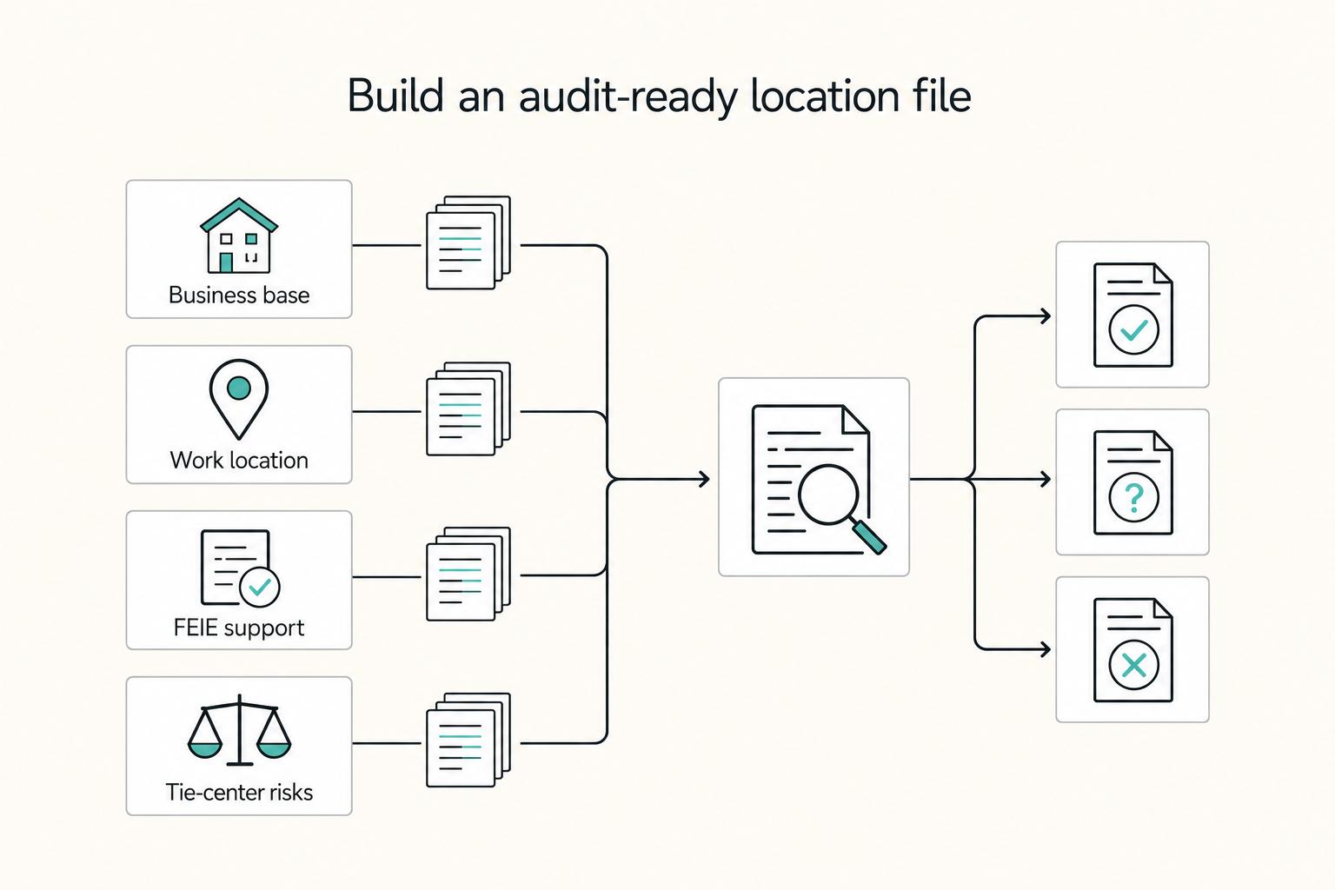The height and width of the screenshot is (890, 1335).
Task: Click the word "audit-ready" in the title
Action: point(628,96)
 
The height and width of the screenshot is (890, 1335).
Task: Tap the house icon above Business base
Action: point(239,236)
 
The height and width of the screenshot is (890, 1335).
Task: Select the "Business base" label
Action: point(239,296)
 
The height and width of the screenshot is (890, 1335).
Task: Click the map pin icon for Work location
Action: point(239,399)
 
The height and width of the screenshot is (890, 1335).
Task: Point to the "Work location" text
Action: point(239,460)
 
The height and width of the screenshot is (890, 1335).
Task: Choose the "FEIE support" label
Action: point(239,628)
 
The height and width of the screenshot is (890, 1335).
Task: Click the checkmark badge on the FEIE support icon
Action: point(260,588)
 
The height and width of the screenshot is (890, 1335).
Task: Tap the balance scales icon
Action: point(239,730)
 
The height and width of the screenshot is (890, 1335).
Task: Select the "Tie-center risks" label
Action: point(239,793)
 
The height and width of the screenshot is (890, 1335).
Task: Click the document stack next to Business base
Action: point(468,242)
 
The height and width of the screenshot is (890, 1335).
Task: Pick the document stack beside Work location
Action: point(468,409)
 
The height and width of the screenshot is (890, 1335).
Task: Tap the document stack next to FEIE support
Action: point(468,574)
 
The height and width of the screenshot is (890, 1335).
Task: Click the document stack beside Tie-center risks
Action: point(468,740)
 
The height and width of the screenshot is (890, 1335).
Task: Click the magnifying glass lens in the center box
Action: point(827,495)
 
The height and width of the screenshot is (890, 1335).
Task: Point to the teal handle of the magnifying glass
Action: point(869,536)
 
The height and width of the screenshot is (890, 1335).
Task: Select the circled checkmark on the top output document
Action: point(1133,329)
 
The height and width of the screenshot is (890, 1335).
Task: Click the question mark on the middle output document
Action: point(1133,498)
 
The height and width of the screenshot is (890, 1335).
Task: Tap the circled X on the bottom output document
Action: point(1133,665)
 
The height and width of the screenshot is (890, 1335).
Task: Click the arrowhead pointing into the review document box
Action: point(704,479)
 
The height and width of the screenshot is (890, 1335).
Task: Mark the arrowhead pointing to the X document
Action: point(1045,648)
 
